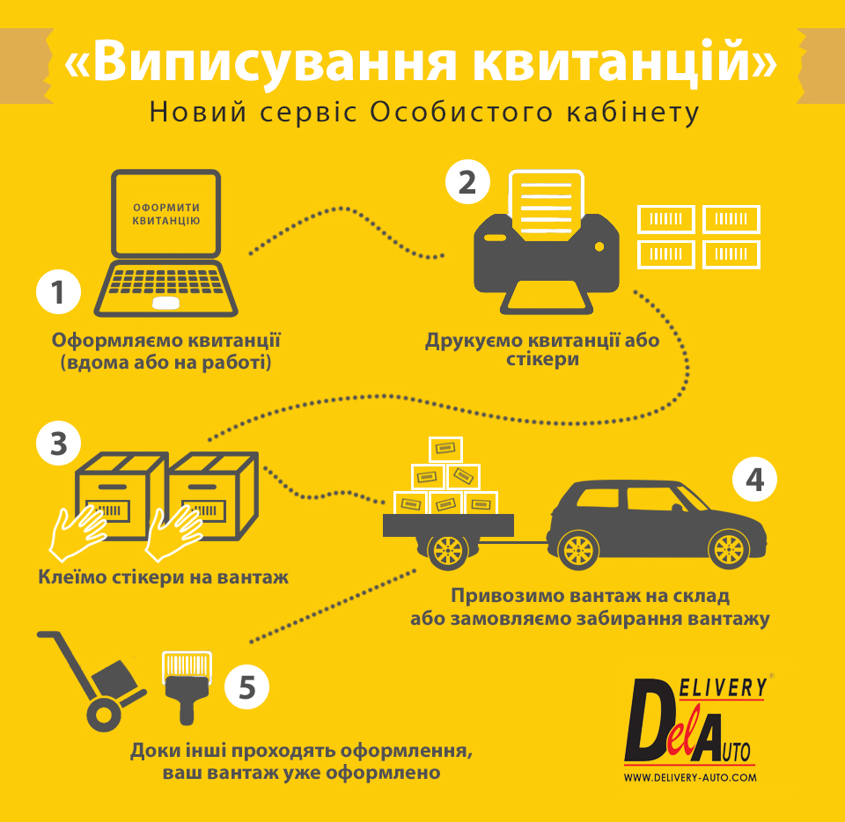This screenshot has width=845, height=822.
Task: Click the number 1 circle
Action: [x=58, y=292]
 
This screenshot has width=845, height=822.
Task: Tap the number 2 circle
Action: [x=467, y=182]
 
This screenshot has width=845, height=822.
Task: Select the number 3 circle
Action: [x=58, y=444]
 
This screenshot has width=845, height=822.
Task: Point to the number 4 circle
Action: [x=754, y=480]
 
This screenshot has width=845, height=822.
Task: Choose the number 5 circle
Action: [x=246, y=686]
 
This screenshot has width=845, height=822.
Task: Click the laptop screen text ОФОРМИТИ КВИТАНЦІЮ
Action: [x=166, y=214]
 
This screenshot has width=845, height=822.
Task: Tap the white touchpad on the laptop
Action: [x=165, y=303]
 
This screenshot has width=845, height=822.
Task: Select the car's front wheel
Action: [x=729, y=549]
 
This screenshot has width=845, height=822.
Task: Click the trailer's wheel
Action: [x=448, y=551]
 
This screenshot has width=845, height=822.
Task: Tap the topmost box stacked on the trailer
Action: [x=445, y=449]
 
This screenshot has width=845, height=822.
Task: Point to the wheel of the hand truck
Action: [x=104, y=715]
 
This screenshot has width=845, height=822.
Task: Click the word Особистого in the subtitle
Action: [x=461, y=112]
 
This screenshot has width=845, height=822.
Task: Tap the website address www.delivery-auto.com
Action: [x=690, y=777]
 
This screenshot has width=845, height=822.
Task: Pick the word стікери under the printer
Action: [x=542, y=359]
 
